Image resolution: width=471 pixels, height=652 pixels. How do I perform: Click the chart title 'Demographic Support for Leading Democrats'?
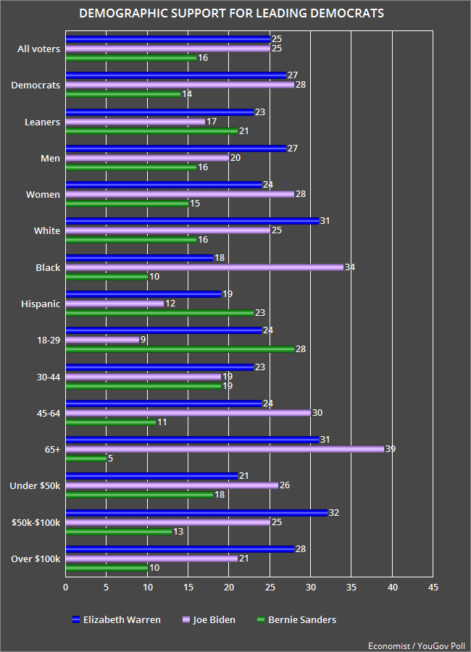[x=231, y=14]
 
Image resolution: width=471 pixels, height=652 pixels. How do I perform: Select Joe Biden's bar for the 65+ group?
[x=225, y=449]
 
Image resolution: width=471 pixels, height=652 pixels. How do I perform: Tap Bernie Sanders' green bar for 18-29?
[x=180, y=349]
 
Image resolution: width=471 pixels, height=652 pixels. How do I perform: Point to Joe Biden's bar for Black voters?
[x=204, y=267]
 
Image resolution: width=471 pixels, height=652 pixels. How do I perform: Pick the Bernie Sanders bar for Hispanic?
[x=159, y=313]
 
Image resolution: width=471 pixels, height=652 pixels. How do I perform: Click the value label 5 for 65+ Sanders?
[x=110, y=458]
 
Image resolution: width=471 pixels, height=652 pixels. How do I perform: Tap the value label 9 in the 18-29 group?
[x=143, y=340]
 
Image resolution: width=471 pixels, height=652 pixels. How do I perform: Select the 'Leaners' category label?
[x=42, y=122]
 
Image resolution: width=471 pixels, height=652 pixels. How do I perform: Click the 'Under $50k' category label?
[x=34, y=485]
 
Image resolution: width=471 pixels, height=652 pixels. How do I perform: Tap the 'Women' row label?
[x=44, y=194]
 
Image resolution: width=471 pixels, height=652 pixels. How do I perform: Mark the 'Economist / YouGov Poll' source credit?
[x=417, y=643]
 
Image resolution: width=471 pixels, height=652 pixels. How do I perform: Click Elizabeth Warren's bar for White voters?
[x=192, y=221]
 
